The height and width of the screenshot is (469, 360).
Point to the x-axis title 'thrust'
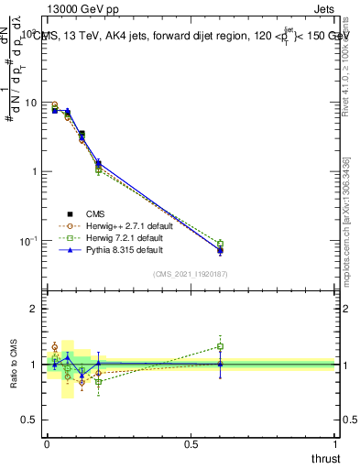(325, 458)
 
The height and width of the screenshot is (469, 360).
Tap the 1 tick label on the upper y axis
(32, 171)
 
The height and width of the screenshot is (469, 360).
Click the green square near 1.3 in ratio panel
(220, 346)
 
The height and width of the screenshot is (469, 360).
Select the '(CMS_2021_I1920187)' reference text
(191, 274)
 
